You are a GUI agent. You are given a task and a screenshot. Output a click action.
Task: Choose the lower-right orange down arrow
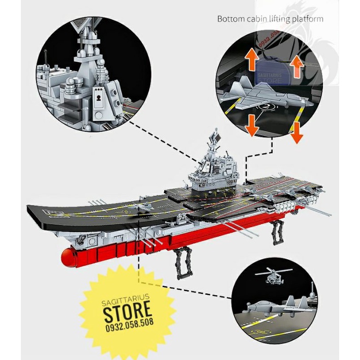(297, 131)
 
